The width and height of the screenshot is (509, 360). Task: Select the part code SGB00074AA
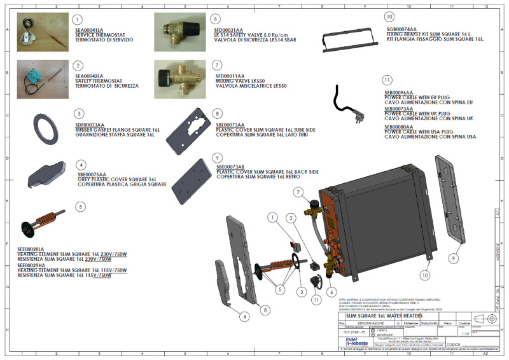[x=401, y=29]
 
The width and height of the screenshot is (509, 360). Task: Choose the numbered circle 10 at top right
[x=390, y=17]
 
